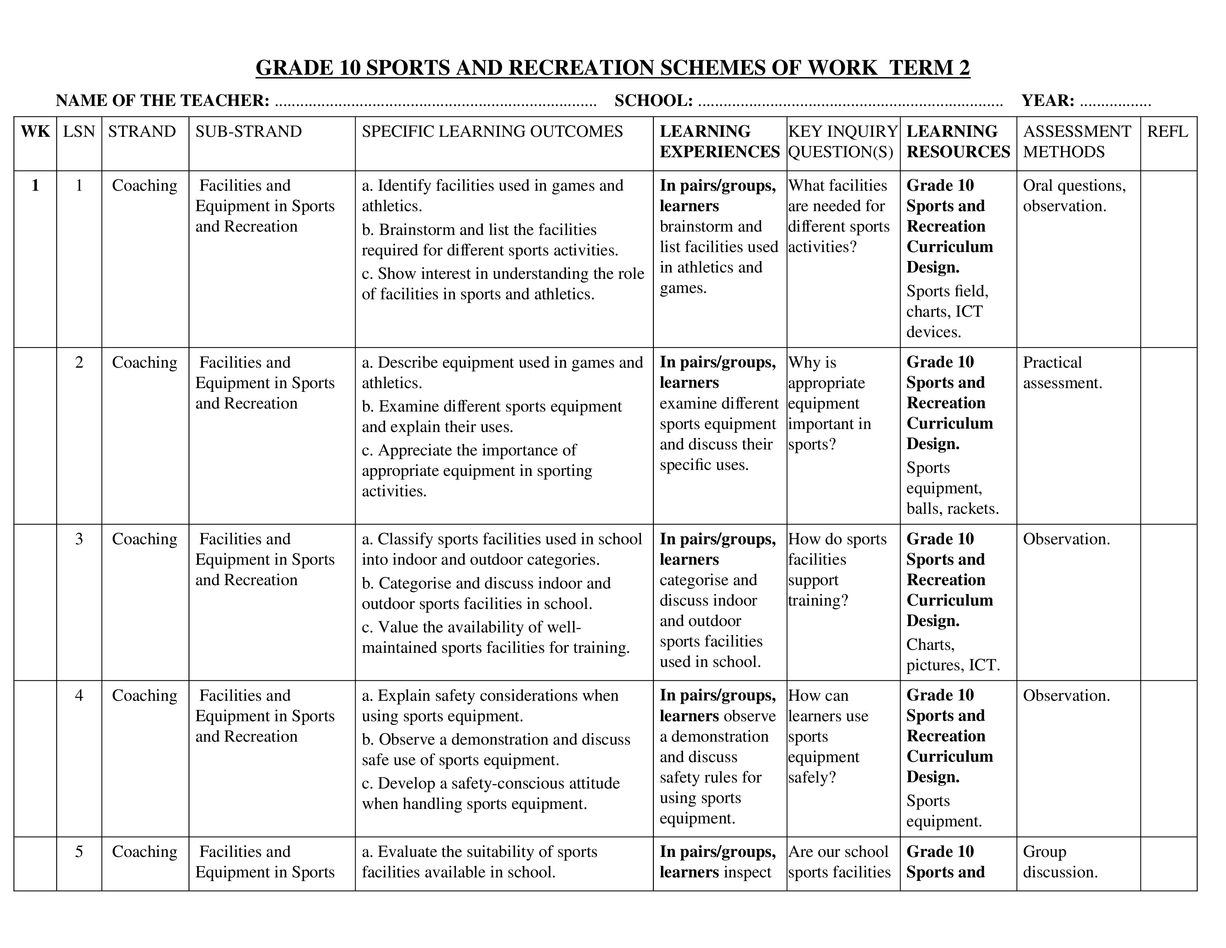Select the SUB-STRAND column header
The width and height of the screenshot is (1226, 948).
(248, 131)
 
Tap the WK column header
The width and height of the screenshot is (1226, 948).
(35, 131)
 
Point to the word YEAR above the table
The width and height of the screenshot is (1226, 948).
(1048, 100)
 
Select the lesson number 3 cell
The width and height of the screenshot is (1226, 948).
(79, 539)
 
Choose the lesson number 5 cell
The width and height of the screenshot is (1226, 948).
(79, 852)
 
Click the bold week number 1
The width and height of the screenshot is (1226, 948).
(35, 186)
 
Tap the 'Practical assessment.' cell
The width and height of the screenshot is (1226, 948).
(1062, 373)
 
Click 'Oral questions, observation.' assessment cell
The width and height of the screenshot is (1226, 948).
(1074, 196)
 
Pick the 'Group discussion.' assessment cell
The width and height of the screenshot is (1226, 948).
(1060, 862)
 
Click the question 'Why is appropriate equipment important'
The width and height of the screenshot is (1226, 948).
(829, 403)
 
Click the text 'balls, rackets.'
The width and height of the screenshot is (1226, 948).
(953, 509)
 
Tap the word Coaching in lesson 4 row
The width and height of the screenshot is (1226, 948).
(144, 696)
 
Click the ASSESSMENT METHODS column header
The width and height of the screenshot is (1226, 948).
(1076, 142)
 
